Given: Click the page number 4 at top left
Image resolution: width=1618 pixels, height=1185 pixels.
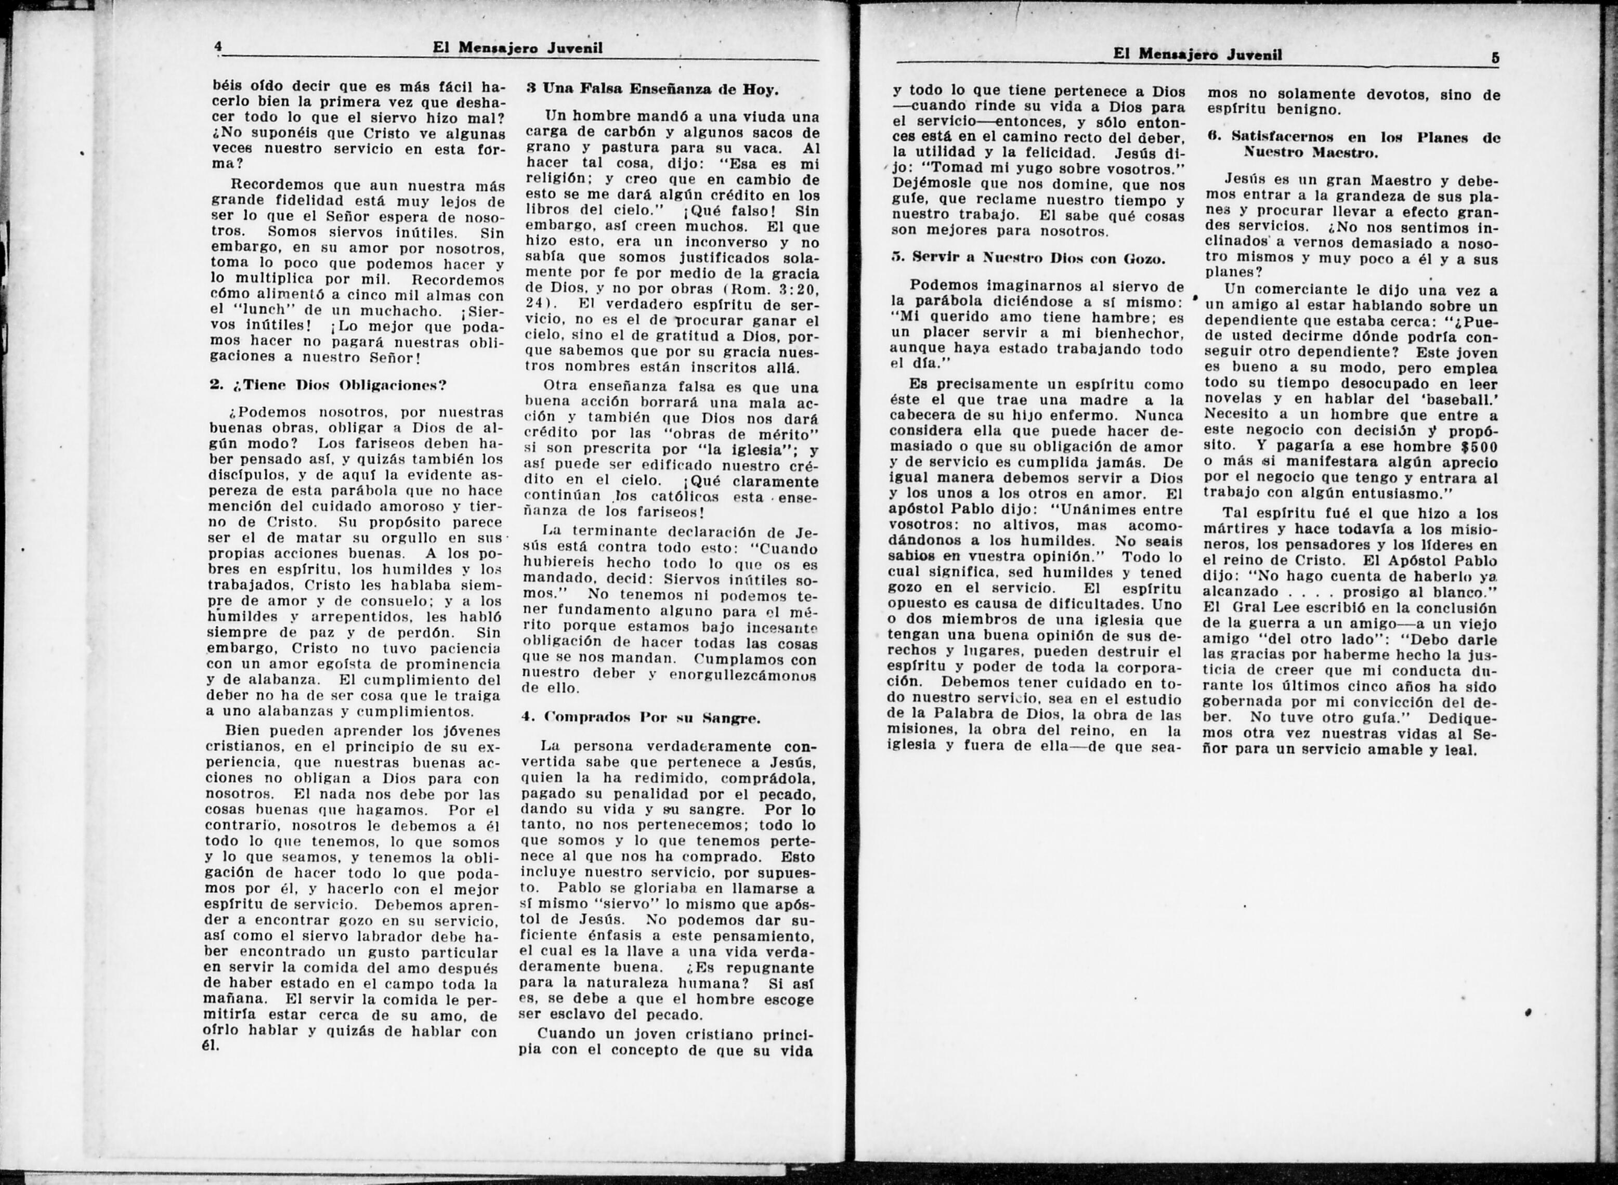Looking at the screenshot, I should click(x=217, y=47).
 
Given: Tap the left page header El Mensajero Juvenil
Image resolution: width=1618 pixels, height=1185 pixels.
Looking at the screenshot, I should click(x=517, y=48).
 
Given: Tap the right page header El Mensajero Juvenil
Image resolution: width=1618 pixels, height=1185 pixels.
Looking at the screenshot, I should click(x=1197, y=55).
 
